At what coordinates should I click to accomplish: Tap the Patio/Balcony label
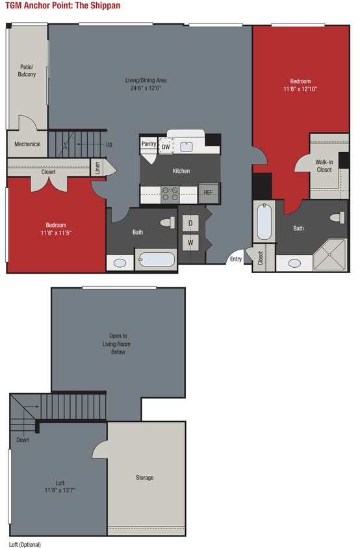click(27, 70)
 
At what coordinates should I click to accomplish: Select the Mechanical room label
click(27, 144)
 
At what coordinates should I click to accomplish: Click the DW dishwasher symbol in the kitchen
click(166, 147)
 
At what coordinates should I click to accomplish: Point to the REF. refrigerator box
click(209, 192)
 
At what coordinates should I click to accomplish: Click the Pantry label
click(148, 144)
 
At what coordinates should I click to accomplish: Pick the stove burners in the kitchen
click(170, 192)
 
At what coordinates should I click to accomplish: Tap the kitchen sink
click(187, 146)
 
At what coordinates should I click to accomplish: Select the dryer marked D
click(191, 224)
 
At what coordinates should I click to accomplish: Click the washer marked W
click(191, 243)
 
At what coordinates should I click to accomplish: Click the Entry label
click(235, 259)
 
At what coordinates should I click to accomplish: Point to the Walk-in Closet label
click(324, 166)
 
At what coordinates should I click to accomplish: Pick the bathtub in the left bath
click(156, 260)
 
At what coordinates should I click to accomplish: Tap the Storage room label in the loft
click(144, 478)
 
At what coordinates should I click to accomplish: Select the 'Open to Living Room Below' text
click(117, 344)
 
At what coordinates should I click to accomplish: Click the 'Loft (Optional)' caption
click(25, 543)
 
